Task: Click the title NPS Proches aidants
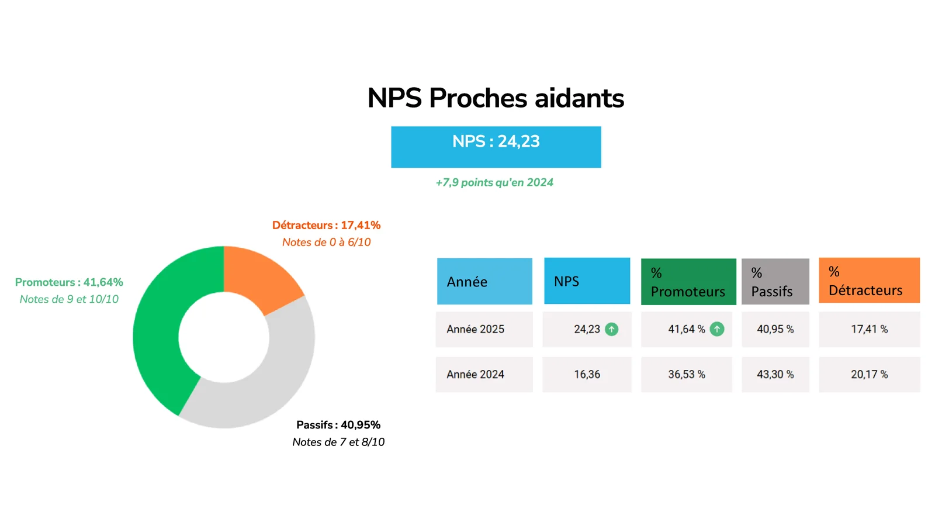[x=496, y=99]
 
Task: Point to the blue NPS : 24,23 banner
[x=496, y=147]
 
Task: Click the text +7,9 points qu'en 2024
[x=494, y=182]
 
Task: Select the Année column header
[x=484, y=281]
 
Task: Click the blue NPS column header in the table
[x=587, y=281]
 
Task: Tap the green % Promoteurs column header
[x=688, y=281]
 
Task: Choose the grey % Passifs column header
[x=775, y=281]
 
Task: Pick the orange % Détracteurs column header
[x=869, y=280]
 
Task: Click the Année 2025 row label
[x=476, y=330]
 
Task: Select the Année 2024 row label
[x=476, y=375]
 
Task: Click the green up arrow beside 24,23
[x=611, y=330]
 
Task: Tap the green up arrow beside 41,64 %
[x=716, y=330]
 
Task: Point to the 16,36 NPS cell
[x=587, y=375]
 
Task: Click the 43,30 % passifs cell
[x=775, y=375]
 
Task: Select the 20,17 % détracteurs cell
[x=869, y=375]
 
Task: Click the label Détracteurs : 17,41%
[x=327, y=226]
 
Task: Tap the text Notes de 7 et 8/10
[x=338, y=442]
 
